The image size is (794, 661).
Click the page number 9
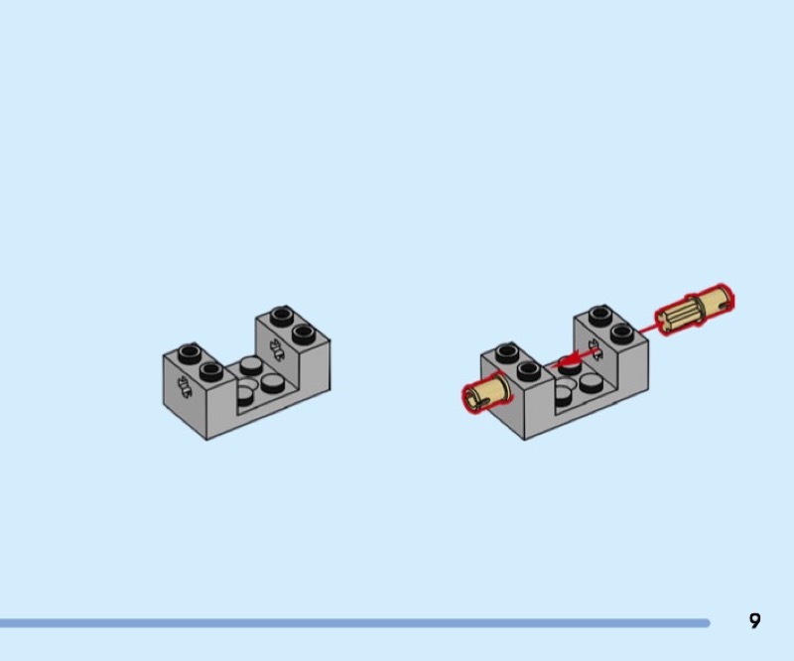(754, 621)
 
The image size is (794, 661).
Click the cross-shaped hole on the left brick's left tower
(183, 387)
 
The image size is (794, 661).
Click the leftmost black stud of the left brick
(189, 353)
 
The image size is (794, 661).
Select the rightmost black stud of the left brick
(302, 332)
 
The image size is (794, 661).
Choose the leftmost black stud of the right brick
(506, 351)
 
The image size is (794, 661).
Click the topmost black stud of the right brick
(598, 315)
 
